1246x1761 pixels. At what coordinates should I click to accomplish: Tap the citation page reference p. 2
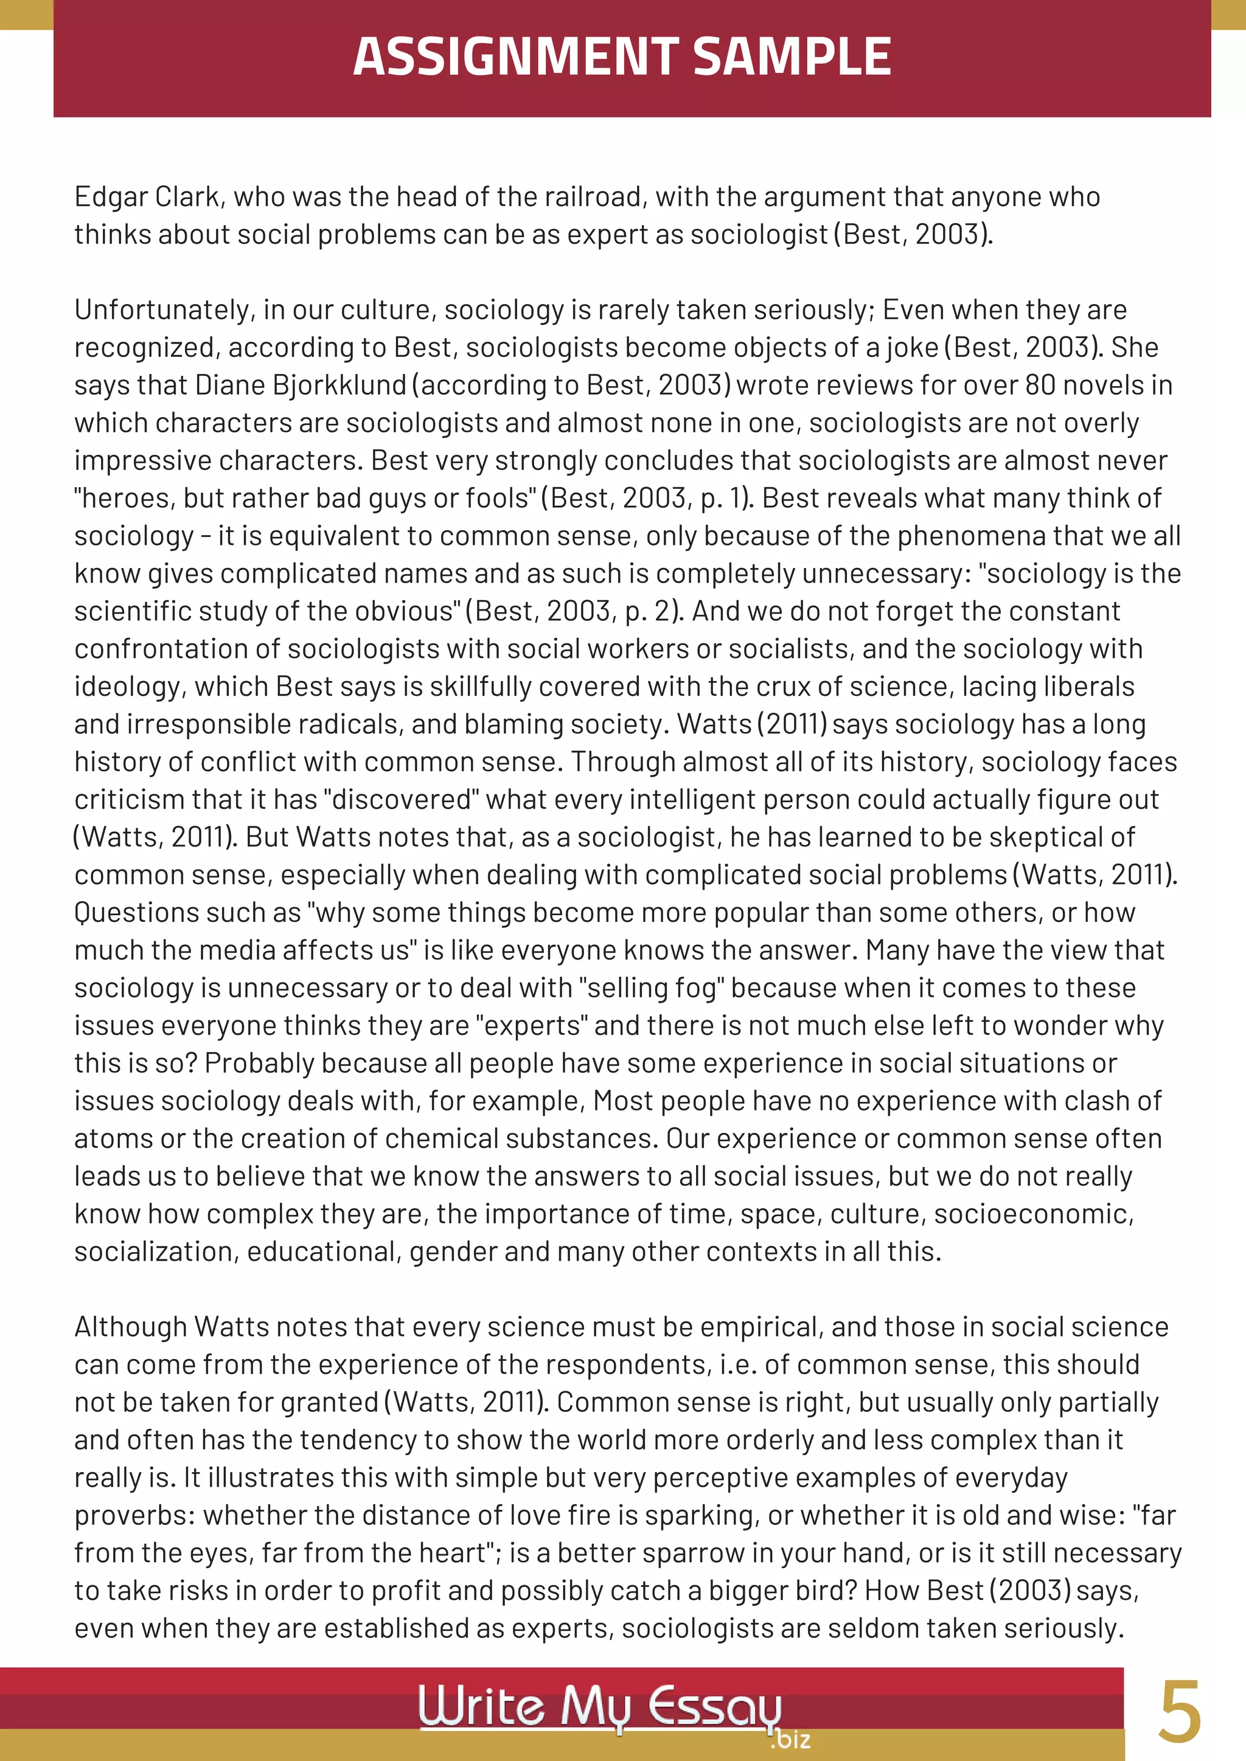(649, 611)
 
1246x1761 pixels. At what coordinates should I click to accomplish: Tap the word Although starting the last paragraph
(130, 1327)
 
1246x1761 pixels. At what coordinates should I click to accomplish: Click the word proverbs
(134, 1515)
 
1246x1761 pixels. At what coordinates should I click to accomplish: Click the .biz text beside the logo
(791, 1739)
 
